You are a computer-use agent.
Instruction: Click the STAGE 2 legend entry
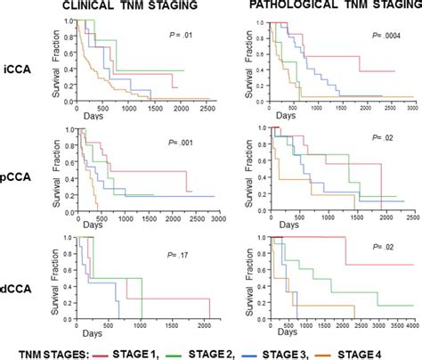[x=223, y=350]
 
